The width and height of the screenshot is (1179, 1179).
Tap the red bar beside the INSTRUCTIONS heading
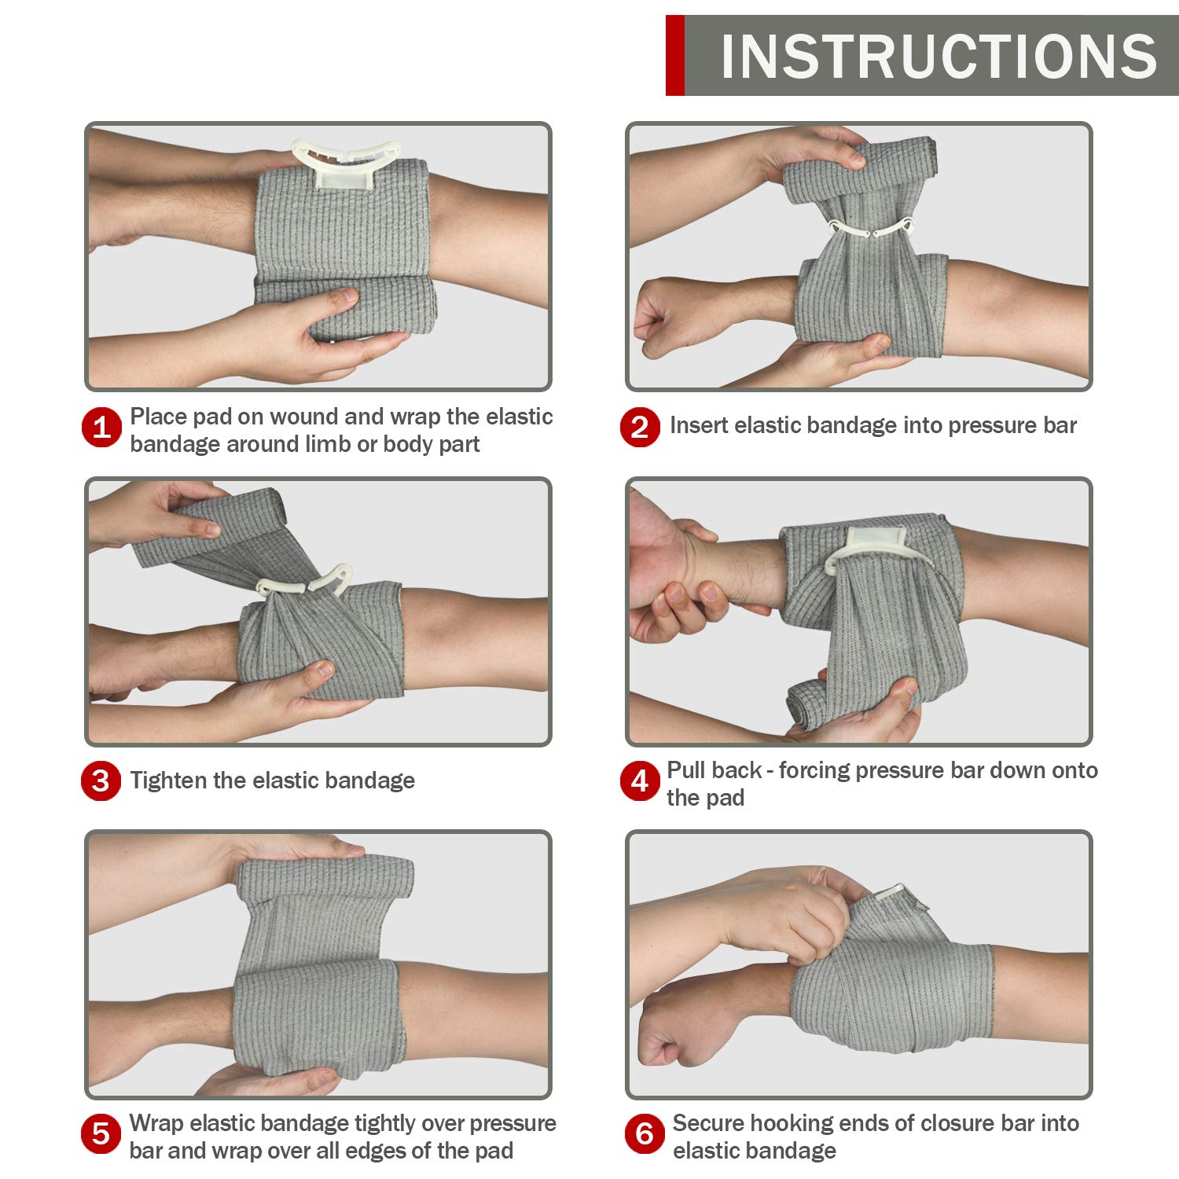[x=674, y=55]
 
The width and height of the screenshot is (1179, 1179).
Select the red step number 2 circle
[x=640, y=427]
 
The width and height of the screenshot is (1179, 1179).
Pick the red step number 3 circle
[x=101, y=780]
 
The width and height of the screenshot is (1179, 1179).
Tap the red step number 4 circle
[x=640, y=780]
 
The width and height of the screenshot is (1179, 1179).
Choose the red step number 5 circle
[x=101, y=1134]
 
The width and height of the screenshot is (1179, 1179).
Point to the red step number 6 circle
[x=645, y=1134]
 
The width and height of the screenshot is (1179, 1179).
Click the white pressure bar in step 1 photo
[x=346, y=164]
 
